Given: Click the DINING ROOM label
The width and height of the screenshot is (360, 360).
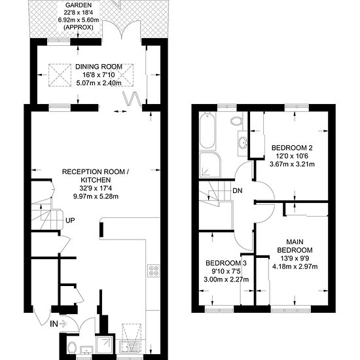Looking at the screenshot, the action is pos(99,67).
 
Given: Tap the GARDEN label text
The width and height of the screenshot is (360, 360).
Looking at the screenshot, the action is pos(79,5).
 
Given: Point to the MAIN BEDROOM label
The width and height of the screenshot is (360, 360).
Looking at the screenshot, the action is pos(295,246).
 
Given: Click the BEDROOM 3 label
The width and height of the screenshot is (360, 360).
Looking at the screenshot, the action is pos(226,263).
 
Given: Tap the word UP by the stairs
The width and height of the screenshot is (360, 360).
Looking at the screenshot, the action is pos(70,221).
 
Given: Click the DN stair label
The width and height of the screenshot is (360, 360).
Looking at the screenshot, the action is pos(238,190).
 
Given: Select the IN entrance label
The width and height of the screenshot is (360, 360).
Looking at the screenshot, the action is pos(54,324).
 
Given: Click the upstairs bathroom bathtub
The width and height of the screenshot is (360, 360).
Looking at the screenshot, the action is pos(207,131).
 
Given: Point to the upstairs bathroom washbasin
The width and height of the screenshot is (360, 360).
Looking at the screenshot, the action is pos(243,142).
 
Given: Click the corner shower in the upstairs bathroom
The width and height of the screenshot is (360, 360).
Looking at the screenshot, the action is pos(210,164).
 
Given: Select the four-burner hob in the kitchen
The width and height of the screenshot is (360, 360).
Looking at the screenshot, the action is pos(154,271).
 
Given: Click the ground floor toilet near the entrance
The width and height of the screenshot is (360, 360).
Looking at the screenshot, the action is pos(72,348).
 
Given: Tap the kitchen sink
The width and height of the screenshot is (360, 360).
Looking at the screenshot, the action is pos(129,347).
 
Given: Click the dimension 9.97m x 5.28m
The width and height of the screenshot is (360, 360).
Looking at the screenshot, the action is pos(96,196).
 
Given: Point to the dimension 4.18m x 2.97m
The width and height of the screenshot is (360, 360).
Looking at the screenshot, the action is pos(295,266).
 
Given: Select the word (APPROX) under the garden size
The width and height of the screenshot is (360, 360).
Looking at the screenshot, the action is pos(79,27).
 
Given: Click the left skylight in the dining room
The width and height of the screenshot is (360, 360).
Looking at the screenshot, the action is pos(60,75).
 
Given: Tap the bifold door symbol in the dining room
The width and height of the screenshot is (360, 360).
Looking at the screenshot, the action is pos(132,98).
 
